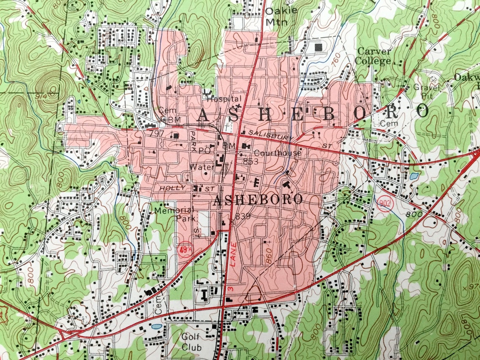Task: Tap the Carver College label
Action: point(373,56)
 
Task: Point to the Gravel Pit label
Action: point(426,91)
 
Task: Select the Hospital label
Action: point(223,99)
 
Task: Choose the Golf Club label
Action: point(191,342)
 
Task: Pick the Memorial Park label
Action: point(173,214)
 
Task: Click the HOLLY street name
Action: point(170,188)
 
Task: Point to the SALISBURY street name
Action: point(270,135)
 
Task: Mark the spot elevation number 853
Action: point(250,161)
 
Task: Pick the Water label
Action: point(199,167)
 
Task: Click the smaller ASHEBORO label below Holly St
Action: point(258,200)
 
